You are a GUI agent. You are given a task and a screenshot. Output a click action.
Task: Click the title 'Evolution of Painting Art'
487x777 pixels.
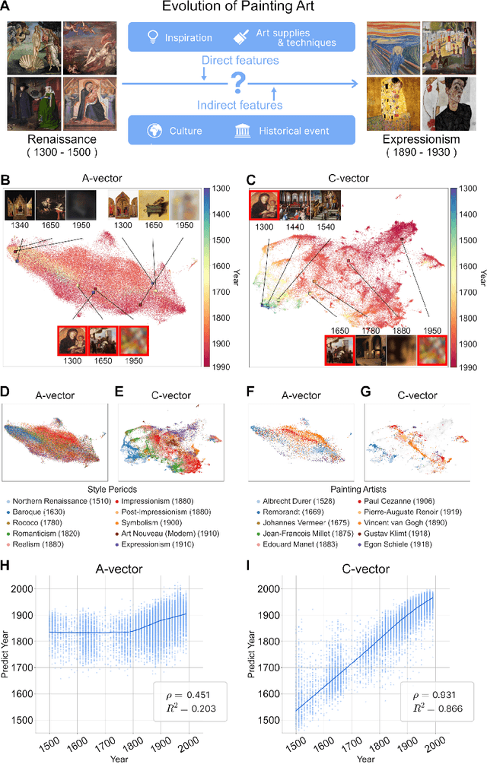pyautogui.click(x=243, y=8)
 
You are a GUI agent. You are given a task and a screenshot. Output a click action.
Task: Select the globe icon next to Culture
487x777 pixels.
pyautogui.click(x=158, y=131)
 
